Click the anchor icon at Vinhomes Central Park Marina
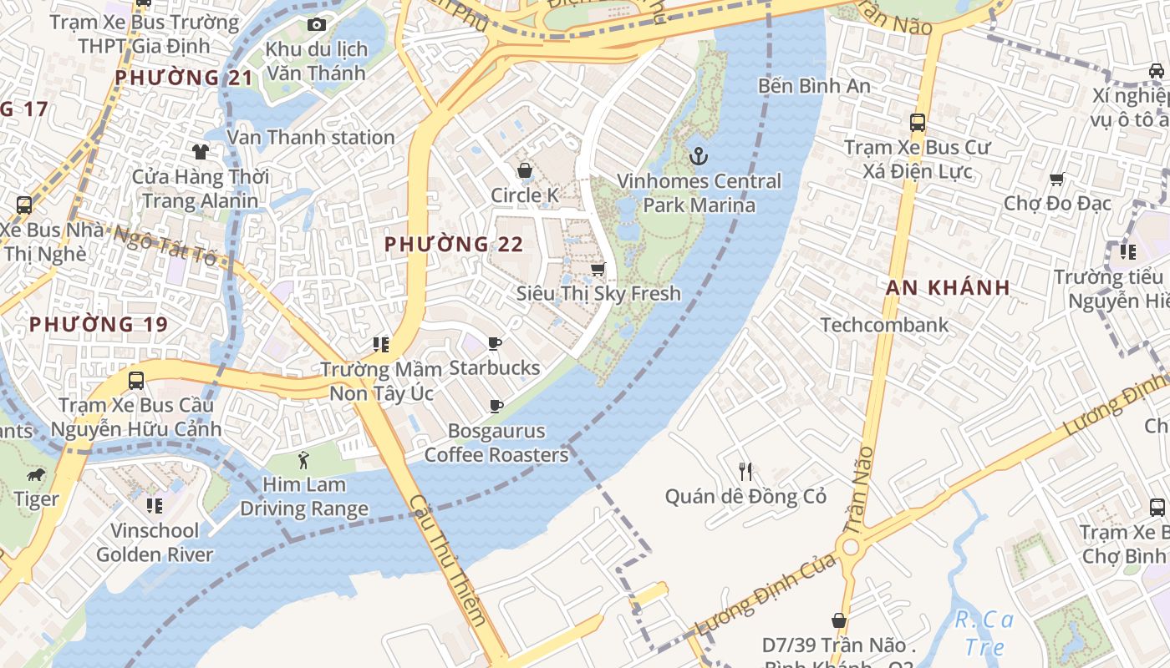coord(698,156)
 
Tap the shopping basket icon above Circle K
coord(525,171)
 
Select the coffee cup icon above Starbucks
coord(495,343)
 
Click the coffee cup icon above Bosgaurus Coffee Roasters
coord(496,407)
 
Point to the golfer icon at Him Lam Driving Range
coord(303,459)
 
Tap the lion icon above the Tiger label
coord(36,475)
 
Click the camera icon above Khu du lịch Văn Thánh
coord(317,25)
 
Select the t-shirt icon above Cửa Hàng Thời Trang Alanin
coord(200,151)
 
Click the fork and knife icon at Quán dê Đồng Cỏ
coord(745,472)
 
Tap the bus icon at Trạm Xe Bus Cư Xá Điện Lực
coord(917,123)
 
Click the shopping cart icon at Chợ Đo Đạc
coord(1056,179)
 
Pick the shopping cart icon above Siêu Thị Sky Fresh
coord(598,269)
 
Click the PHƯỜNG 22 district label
coord(454,245)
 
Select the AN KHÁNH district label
coord(948,288)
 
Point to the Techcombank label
coord(884,325)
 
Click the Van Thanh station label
coord(311,137)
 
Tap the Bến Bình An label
coord(814,85)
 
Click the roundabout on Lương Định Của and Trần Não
coord(851,548)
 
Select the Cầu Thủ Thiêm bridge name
coord(447,560)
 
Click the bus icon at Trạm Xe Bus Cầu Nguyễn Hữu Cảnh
coord(136,381)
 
